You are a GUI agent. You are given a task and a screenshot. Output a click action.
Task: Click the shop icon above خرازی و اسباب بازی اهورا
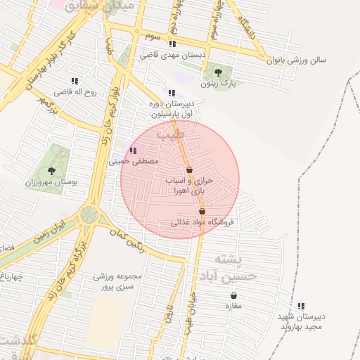click(189, 169)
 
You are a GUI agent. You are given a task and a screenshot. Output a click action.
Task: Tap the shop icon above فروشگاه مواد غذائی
click(202, 211)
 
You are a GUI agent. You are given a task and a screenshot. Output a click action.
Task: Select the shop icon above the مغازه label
click(233, 296)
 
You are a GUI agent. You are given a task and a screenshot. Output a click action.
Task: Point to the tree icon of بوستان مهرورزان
click(51, 170)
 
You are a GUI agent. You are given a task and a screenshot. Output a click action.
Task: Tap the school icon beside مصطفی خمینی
click(133, 150)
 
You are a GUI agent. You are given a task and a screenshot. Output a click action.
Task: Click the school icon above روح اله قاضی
click(75, 81)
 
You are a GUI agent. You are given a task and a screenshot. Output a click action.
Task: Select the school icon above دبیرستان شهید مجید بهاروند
click(302, 306)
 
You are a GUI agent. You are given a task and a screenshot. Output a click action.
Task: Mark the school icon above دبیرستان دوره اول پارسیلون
click(172, 93)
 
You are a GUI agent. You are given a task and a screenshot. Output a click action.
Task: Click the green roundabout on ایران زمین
click(89, 214)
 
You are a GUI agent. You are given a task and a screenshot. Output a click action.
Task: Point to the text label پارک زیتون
click(218, 84)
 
